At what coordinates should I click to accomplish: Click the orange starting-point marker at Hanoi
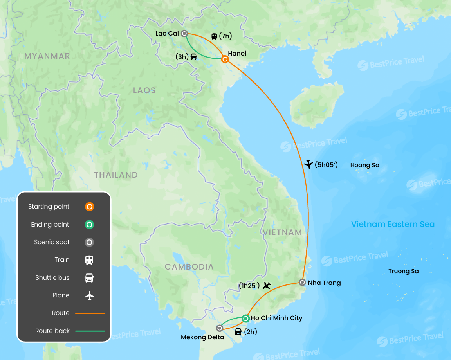click(x=225, y=59)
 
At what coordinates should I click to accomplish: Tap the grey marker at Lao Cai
click(x=184, y=34)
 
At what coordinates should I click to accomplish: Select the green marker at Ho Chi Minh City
click(x=245, y=319)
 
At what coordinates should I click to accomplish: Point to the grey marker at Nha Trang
click(x=302, y=282)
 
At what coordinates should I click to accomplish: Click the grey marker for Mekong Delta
click(x=220, y=328)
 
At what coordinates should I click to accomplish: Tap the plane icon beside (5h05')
click(x=308, y=164)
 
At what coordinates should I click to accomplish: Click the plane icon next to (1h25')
click(x=267, y=285)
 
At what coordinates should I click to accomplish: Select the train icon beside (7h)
click(x=214, y=36)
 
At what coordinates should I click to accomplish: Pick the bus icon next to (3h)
click(x=193, y=57)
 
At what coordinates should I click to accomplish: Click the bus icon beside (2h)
click(x=238, y=332)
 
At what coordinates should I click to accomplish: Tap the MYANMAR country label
click(x=47, y=56)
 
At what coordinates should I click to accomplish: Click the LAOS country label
click(x=144, y=90)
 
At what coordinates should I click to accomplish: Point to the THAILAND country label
click(x=116, y=175)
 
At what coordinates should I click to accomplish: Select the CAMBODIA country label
click(x=189, y=267)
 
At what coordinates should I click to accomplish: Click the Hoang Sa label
click(x=364, y=165)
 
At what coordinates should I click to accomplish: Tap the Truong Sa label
click(x=403, y=271)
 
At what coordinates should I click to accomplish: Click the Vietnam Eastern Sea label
click(x=393, y=224)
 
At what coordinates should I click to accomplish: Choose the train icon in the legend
click(x=89, y=260)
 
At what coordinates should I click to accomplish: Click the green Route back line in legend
click(x=90, y=331)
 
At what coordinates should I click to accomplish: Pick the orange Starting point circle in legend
click(x=89, y=207)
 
